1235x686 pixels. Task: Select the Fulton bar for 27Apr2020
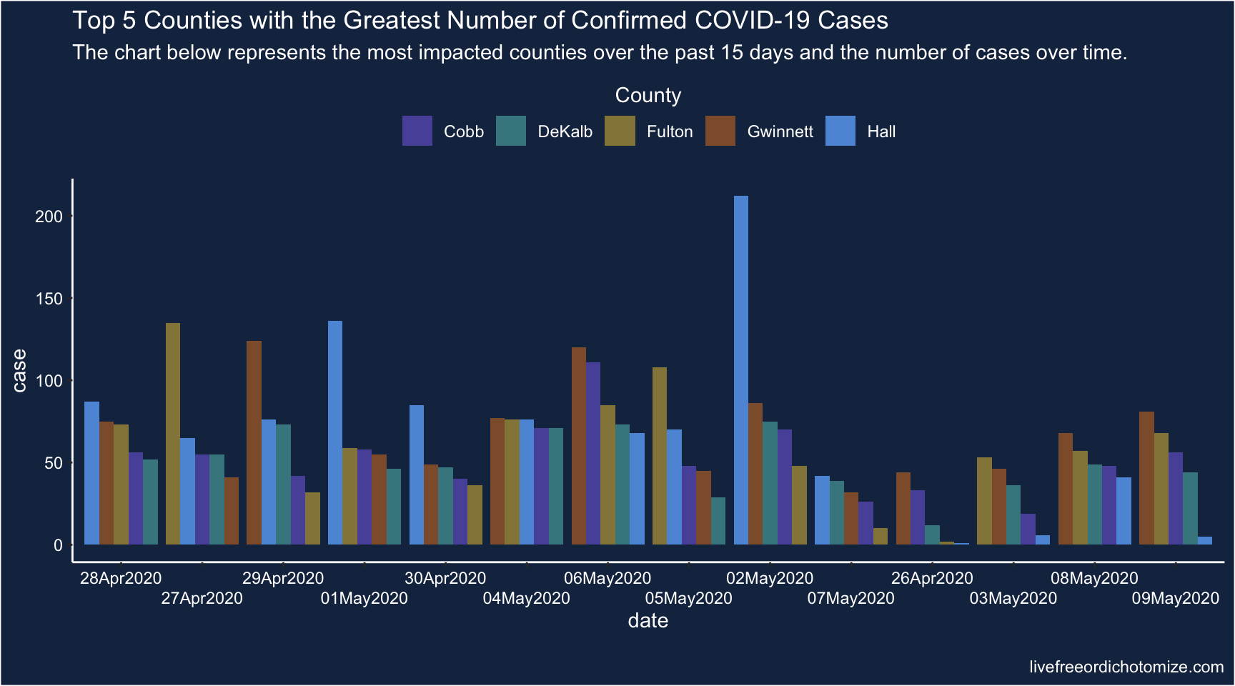[173, 434]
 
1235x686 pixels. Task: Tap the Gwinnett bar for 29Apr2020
[254, 442]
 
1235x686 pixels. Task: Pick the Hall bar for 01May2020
[335, 432]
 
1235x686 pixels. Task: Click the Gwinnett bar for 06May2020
[579, 446]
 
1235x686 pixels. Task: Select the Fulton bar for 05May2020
[660, 456]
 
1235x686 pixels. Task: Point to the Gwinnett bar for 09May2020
[1146, 478]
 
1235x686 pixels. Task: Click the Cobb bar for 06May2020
[593, 453]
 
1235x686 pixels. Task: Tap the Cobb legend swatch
[417, 131]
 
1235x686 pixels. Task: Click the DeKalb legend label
[565, 131]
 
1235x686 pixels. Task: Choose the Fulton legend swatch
[620, 131]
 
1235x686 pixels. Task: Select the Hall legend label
[881, 131]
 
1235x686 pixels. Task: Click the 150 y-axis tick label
[49, 299]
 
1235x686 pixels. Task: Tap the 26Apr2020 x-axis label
[932, 578]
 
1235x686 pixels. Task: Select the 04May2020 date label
[527, 598]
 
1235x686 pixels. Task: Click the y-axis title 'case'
[19, 370]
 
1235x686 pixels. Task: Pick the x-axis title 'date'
[648, 621]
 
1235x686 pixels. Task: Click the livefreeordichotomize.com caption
[1126, 667]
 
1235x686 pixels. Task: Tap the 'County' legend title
[648, 95]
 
